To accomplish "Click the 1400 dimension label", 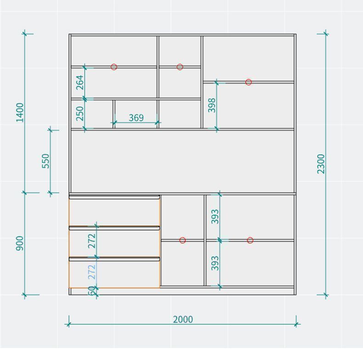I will pos(20,112).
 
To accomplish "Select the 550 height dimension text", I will pos(46,161).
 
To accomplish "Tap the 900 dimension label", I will pos(20,244).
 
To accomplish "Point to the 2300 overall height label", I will pos(321,164).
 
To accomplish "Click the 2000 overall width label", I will pos(183,319).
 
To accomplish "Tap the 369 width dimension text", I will pos(136,118).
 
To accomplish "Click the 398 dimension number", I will pos(212,105).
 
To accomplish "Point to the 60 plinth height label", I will pos(91,290).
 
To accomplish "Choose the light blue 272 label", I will pos(91,272).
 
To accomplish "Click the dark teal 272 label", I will pos(91,241).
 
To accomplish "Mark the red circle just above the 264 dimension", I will pos(114,67).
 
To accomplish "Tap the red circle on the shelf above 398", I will pos(249,82).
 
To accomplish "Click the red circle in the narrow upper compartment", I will pos(180,67).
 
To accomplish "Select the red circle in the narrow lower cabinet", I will pos(182,240).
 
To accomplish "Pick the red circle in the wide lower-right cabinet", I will pos(250,240).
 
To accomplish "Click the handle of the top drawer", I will pos(114,197).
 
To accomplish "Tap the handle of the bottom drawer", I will pos(114,259).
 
